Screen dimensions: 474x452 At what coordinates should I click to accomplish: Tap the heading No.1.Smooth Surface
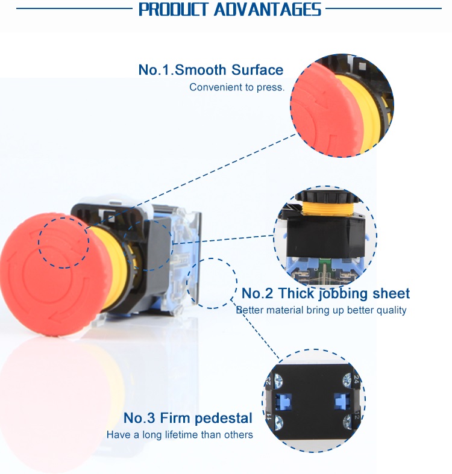click(211, 70)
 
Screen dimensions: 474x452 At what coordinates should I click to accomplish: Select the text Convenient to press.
click(236, 87)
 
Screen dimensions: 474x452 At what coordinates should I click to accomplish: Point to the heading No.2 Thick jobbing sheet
click(325, 294)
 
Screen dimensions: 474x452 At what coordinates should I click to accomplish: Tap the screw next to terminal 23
click(280, 380)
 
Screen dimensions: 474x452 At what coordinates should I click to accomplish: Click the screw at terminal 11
click(280, 420)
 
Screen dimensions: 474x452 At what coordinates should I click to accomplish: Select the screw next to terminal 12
click(347, 420)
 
